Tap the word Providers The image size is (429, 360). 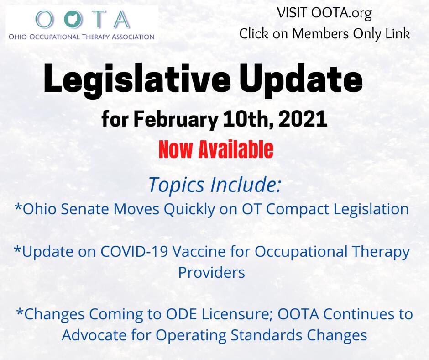(211, 272)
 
